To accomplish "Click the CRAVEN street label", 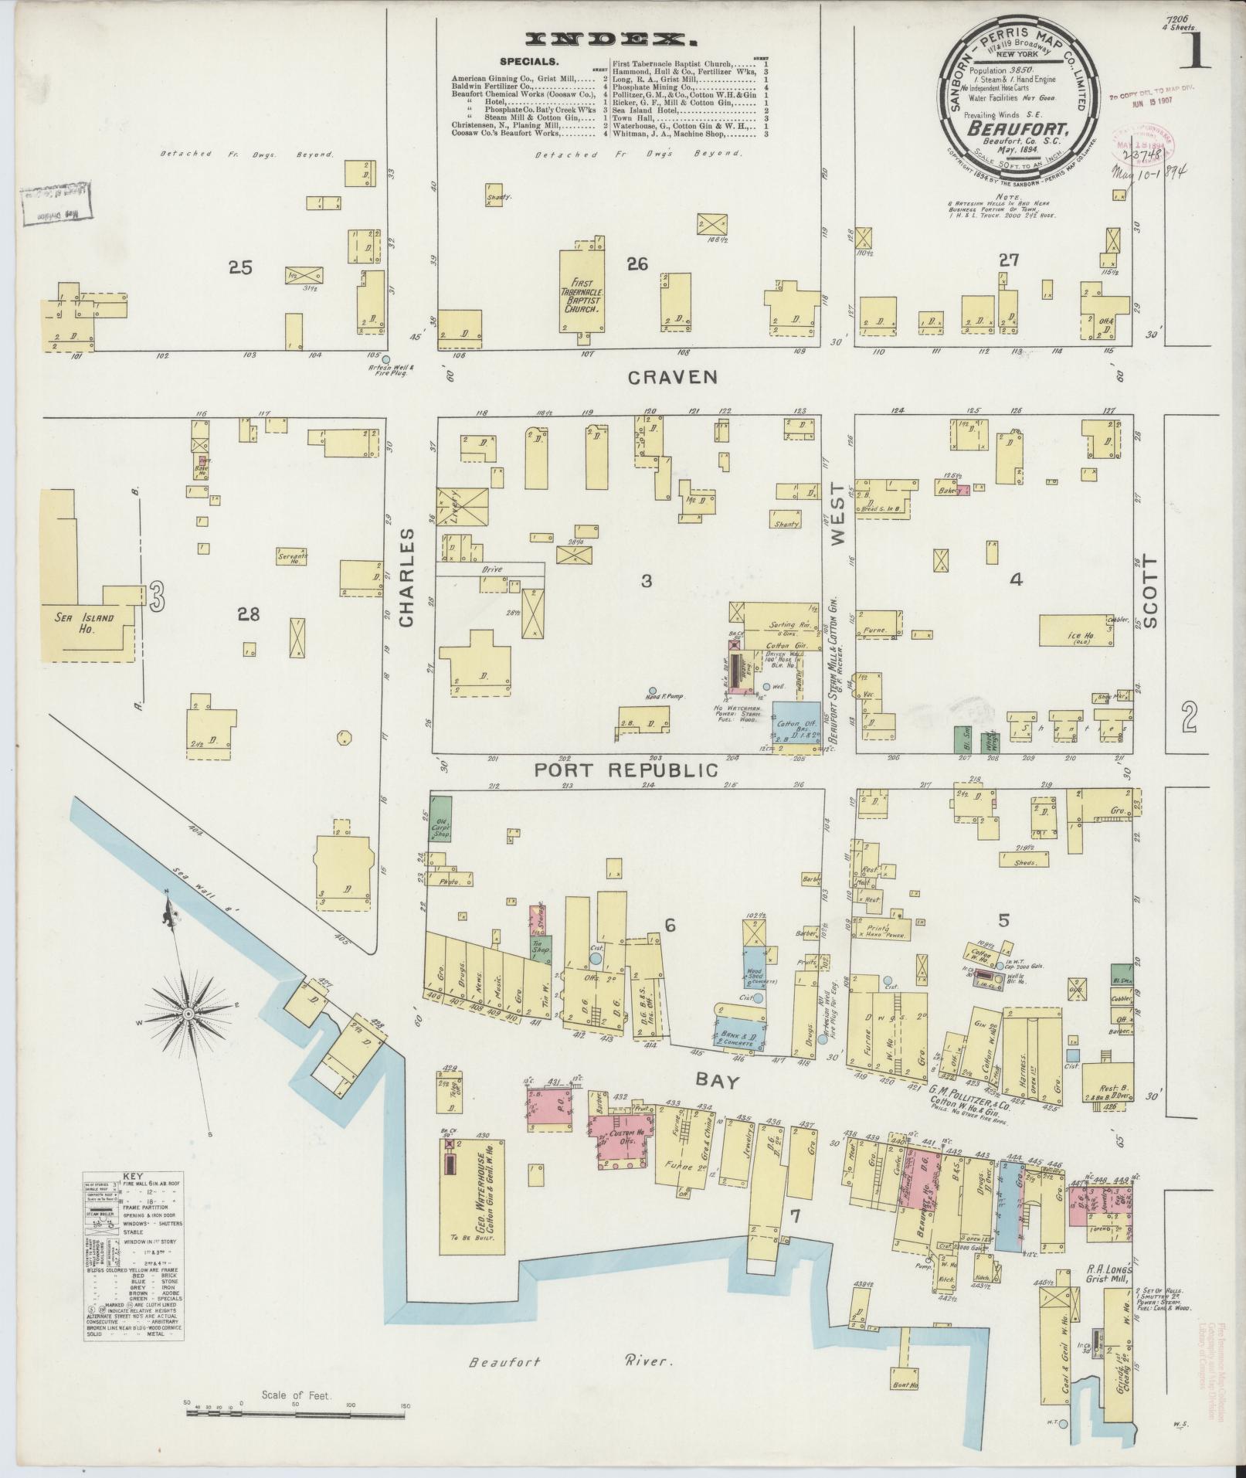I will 673,376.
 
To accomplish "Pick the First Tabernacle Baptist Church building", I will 581,290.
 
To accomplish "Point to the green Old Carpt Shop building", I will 440,817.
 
